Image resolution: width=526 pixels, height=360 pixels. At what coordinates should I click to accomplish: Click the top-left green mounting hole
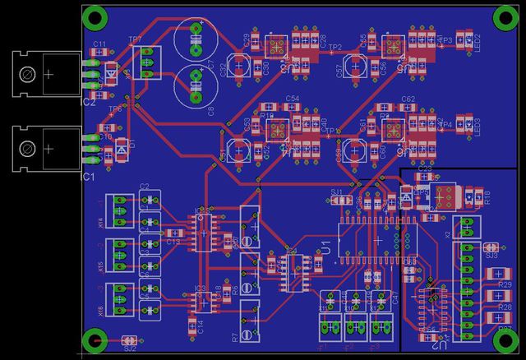tap(96, 16)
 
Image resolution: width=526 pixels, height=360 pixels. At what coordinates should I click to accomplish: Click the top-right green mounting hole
tap(502, 16)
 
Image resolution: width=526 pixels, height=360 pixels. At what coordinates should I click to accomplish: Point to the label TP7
tap(135, 39)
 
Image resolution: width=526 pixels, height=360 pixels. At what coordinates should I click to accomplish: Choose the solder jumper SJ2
tap(128, 340)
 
